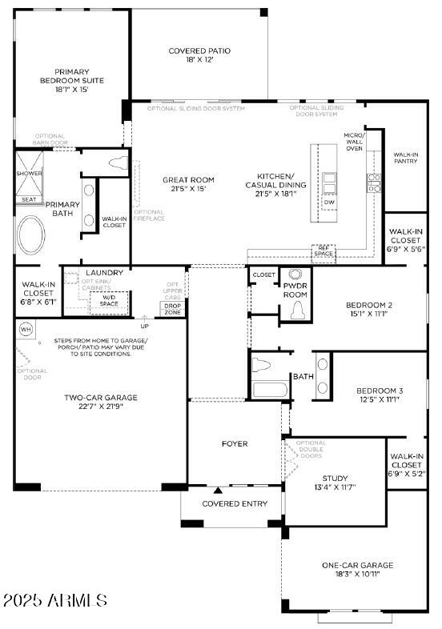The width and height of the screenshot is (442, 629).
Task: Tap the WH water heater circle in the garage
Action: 25,329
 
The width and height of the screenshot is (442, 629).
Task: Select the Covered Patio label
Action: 199,55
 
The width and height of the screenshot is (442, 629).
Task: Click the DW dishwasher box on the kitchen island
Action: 329,202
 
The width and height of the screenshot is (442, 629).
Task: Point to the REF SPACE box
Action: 323,252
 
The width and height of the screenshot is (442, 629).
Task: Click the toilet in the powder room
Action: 299,308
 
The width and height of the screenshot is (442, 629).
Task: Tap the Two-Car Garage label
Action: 101,402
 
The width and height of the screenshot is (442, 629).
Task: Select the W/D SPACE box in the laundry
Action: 108,301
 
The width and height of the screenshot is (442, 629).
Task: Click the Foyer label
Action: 235,443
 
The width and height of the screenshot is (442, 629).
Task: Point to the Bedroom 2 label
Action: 368,309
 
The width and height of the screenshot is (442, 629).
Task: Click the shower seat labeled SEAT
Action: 29,199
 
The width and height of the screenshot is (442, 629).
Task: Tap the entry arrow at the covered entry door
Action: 218,490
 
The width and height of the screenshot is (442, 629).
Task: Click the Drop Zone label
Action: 171,308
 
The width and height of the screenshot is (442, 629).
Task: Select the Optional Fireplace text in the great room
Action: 149,215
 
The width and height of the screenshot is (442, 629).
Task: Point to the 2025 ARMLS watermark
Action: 54,600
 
